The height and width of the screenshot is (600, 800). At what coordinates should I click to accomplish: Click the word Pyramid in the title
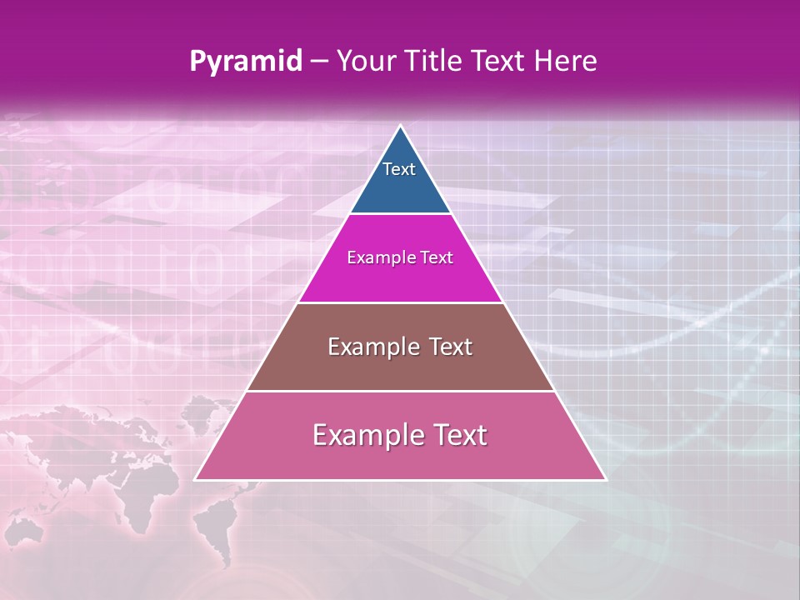coord(245,62)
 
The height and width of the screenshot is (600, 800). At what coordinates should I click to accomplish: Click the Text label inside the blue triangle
coord(399,170)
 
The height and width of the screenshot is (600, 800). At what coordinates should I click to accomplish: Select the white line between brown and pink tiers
coord(400,391)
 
